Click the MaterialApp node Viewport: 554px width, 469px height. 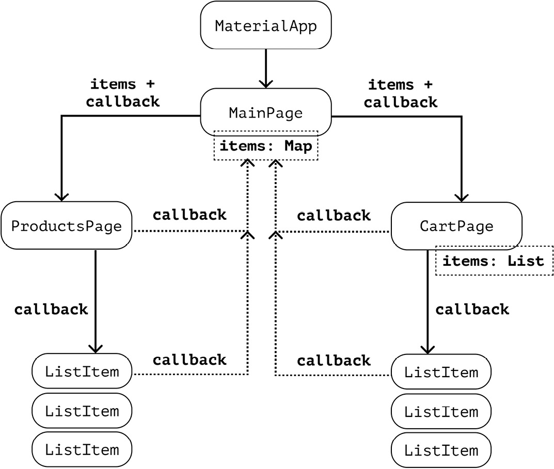[x=265, y=26]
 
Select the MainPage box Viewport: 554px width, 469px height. [x=265, y=113]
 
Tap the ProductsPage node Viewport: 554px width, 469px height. [x=67, y=226]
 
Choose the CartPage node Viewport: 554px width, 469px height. [x=456, y=226]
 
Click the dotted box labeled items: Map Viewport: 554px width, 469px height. [x=266, y=147]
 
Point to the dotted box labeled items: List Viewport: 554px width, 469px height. [x=494, y=261]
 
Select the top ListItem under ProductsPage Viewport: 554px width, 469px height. [x=82, y=371]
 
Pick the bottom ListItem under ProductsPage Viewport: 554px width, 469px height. [x=82, y=449]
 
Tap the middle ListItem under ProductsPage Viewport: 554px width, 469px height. [x=82, y=411]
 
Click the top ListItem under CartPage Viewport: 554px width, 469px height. [x=441, y=371]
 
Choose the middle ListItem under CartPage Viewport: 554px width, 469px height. [x=441, y=412]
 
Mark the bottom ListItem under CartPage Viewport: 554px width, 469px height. [x=441, y=450]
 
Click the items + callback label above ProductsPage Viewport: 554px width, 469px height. [x=123, y=93]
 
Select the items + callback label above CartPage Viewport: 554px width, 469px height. [x=400, y=93]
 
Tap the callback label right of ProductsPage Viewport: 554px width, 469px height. [x=189, y=215]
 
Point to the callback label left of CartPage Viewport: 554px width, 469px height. [x=334, y=215]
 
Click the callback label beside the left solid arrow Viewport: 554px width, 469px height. [x=51, y=310]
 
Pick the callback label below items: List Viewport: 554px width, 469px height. [x=472, y=310]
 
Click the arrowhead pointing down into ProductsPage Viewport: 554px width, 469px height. [x=61, y=196]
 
